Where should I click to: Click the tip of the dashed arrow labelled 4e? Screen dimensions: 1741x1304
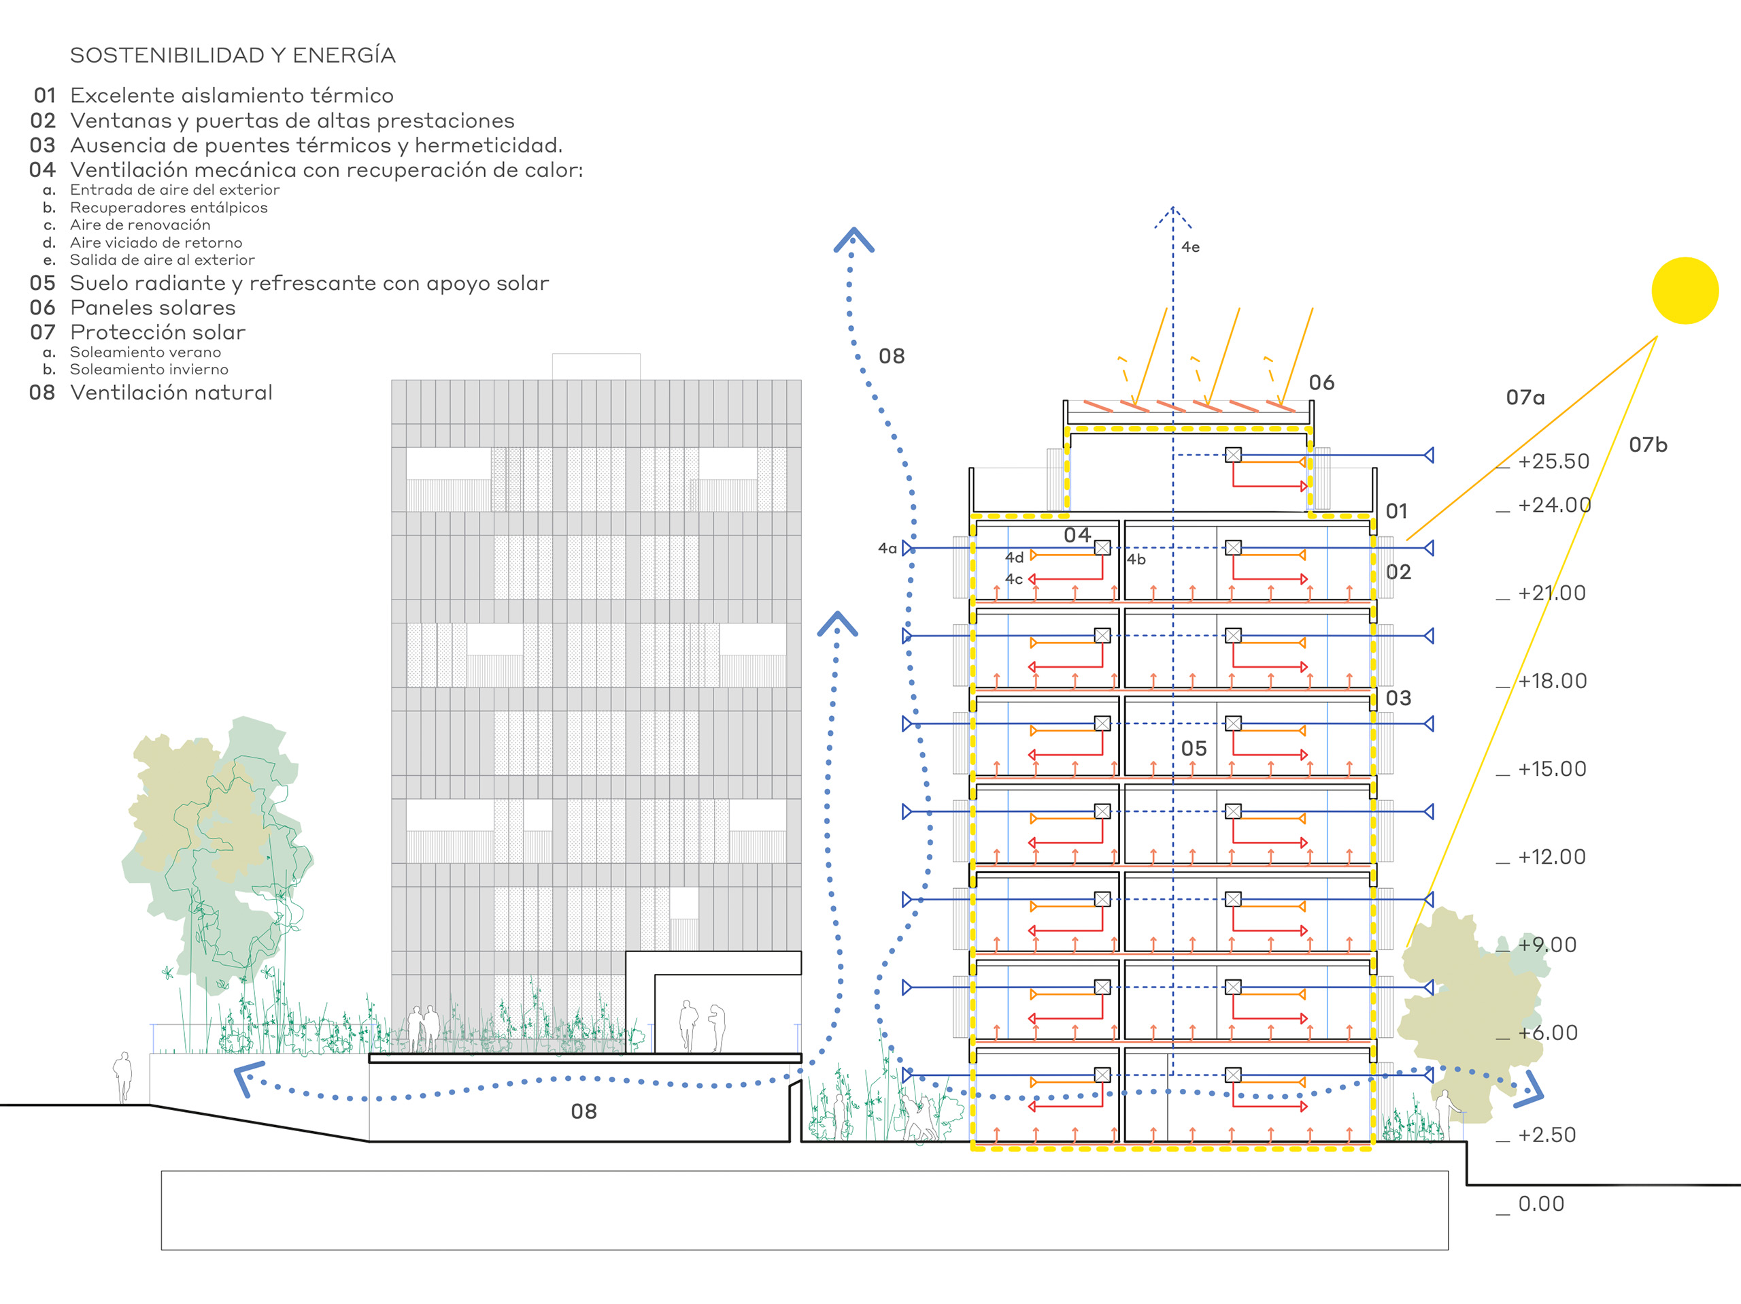[1172, 207]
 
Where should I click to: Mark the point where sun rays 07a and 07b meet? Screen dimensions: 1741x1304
[1657, 337]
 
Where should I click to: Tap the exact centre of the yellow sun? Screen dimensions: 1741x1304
[1685, 291]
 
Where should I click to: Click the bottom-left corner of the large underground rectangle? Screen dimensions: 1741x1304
[161, 1250]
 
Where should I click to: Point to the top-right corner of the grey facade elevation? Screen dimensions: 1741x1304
[801, 380]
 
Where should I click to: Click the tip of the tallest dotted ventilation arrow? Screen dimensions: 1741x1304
[853, 229]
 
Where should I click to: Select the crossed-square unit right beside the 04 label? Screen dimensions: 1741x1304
[1102, 547]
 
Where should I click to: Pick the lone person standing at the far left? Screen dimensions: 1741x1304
[123, 1077]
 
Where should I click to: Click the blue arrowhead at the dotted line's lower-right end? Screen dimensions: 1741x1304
[1532, 1086]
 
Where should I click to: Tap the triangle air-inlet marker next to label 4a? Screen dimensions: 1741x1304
[907, 548]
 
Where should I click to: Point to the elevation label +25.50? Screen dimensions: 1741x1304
[1554, 461]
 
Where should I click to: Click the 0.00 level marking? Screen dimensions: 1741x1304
[1541, 1204]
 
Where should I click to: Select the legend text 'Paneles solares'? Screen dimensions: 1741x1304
[153, 308]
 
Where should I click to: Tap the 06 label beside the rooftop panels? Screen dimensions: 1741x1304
[1321, 382]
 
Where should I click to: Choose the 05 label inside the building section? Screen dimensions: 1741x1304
[1194, 749]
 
